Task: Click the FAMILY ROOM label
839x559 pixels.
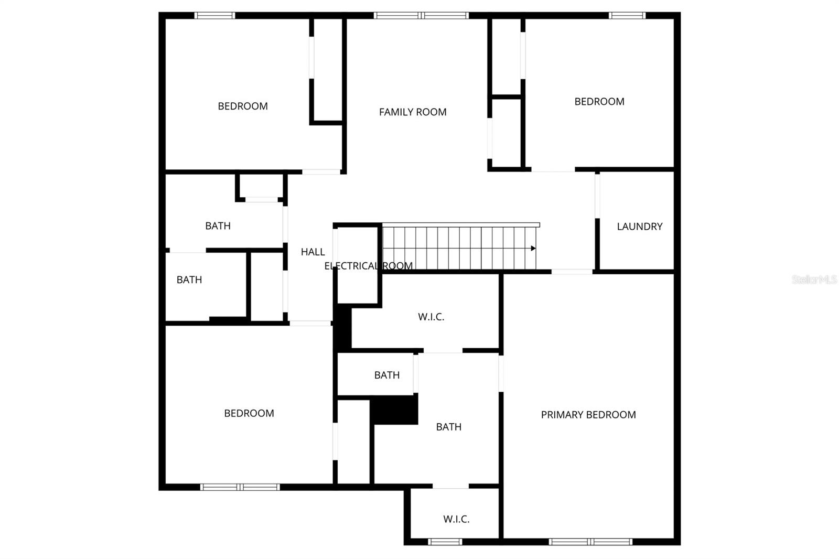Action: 413,112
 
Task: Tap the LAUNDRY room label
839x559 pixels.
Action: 639,227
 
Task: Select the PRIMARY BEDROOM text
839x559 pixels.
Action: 588,415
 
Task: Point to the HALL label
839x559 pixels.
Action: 313,252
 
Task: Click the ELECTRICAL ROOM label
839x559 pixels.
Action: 368,266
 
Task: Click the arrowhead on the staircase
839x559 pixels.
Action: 533,249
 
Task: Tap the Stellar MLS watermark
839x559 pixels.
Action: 814,279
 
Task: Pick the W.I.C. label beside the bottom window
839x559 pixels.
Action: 456,519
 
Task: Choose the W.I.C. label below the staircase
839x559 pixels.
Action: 431,317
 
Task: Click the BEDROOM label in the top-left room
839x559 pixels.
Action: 243,106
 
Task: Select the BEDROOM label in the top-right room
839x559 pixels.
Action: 599,102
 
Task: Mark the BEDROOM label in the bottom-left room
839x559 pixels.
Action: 249,413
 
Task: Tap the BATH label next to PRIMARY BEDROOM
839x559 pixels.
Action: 449,427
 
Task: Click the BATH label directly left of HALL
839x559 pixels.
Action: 218,226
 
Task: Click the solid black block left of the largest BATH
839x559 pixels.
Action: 394,410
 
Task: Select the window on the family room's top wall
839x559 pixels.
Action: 421,16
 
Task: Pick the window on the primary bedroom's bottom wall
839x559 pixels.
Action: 590,542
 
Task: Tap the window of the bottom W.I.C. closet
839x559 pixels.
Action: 445,542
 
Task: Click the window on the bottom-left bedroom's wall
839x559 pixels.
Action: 240,487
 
